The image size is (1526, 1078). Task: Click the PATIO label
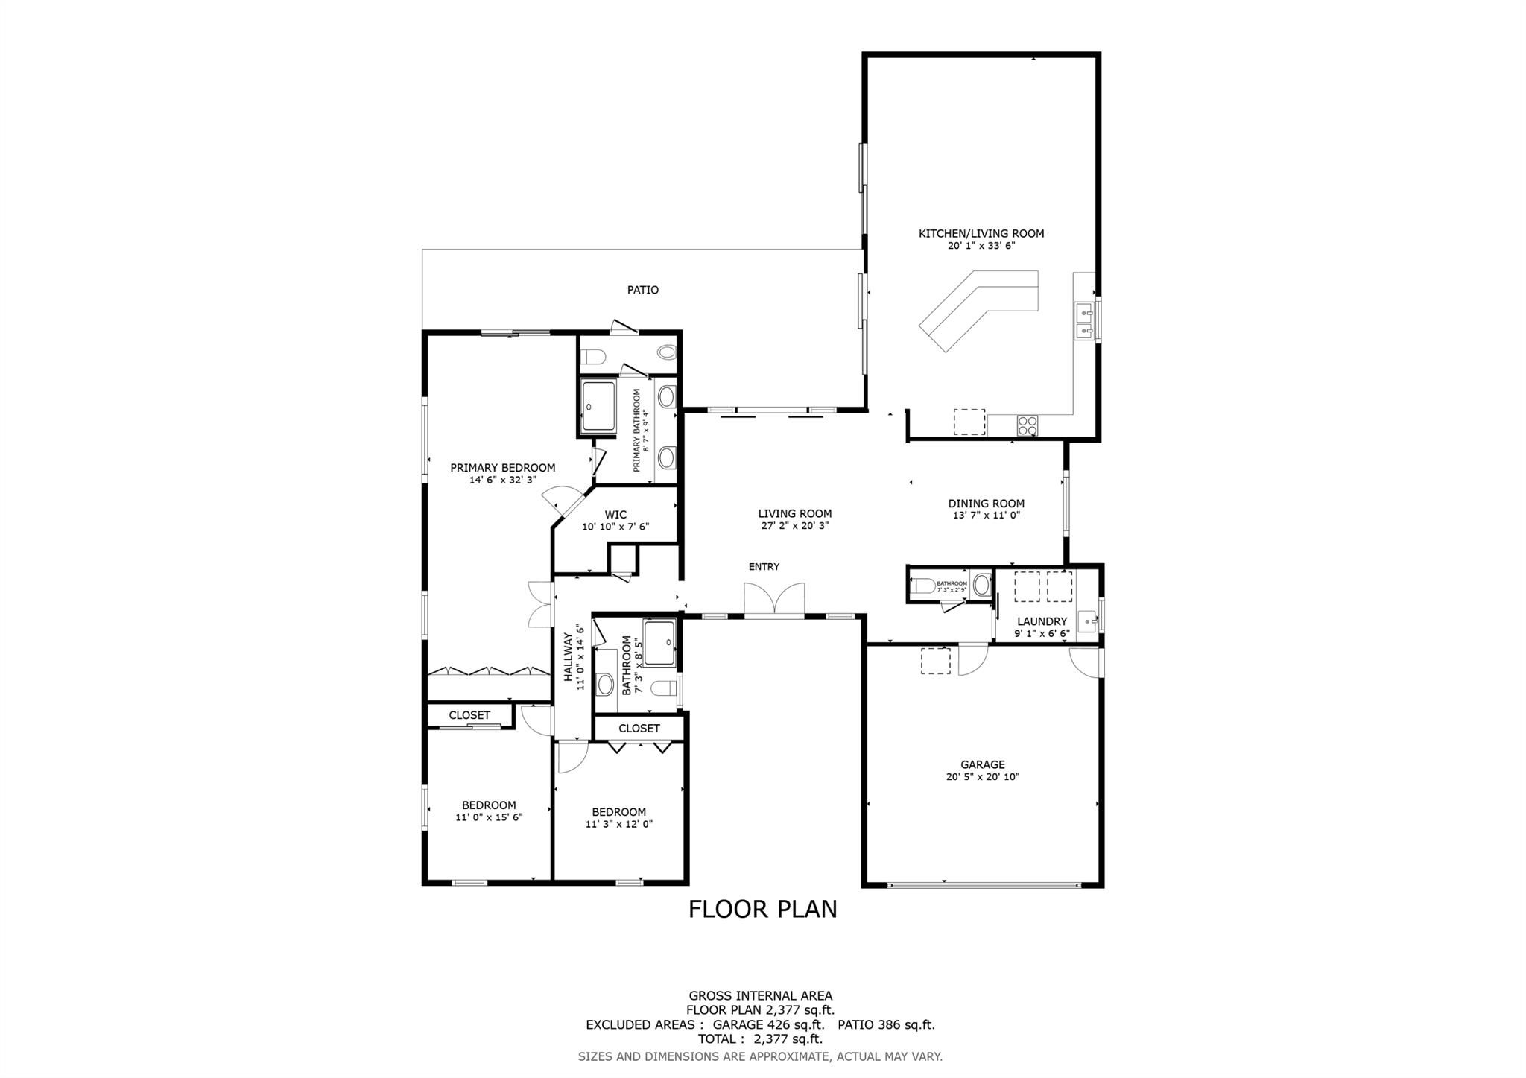pos(642,290)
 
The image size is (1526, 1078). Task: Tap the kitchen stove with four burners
pos(1028,425)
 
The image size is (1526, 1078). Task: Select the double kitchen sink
pos(1084,321)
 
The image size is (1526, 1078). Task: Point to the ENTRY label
pos(764,567)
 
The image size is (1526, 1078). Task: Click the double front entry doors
pos(774,600)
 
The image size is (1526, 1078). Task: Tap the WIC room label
pos(615,515)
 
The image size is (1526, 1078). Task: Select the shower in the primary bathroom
pos(598,406)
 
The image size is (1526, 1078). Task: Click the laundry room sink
pos(1088,619)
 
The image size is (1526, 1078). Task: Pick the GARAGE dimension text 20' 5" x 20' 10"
pos(982,776)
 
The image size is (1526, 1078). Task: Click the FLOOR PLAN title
pos(762,909)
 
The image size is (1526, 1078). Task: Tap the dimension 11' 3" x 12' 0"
pos(618,824)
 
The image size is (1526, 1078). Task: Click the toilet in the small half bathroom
pos(924,586)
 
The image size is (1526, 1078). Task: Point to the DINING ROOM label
pos(986,504)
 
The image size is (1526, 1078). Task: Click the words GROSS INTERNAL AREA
pos(760,995)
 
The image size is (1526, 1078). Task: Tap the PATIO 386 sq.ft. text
pos(886,1024)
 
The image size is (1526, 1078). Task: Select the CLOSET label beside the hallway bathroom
pos(639,728)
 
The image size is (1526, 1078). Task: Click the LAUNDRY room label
pos(1042,621)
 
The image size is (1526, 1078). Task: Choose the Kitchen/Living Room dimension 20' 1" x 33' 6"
pos(981,245)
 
